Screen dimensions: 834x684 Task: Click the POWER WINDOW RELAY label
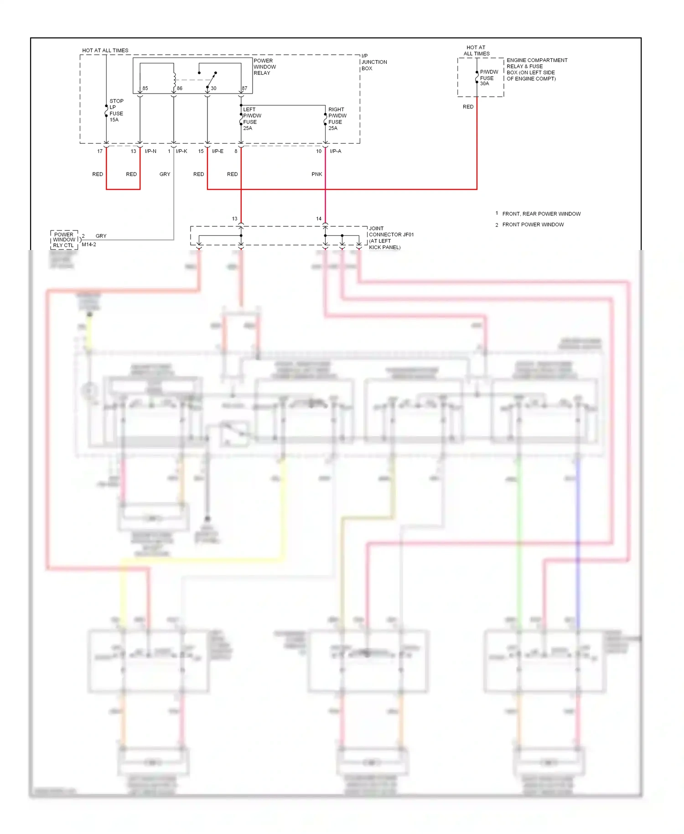click(264, 67)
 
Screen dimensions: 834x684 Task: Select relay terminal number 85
click(145, 89)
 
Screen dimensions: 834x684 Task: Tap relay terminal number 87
click(244, 89)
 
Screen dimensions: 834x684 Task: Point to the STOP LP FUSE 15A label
click(116, 110)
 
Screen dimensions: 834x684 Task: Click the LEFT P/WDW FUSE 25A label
click(252, 119)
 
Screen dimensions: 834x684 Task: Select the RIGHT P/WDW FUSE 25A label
click(337, 119)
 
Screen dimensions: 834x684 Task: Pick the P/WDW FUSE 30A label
click(488, 78)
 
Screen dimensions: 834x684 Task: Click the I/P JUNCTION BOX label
click(373, 62)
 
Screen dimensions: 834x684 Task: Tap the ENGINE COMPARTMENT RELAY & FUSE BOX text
click(536, 69)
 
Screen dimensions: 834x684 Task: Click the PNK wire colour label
click(316, 174)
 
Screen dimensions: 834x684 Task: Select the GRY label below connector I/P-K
click(165, 174)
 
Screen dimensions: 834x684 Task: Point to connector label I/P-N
click(150, 151)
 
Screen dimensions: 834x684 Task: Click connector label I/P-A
click(335, 151)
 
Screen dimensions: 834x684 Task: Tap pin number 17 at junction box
click(100, 151)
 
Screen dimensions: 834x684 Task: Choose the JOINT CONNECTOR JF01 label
click(390, 238)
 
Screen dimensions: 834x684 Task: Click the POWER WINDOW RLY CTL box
click(64, 240)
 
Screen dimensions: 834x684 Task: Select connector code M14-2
click(89, 245)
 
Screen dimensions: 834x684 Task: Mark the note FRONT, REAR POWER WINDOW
click(541, 214)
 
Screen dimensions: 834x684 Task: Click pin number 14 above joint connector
click(319, 219)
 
